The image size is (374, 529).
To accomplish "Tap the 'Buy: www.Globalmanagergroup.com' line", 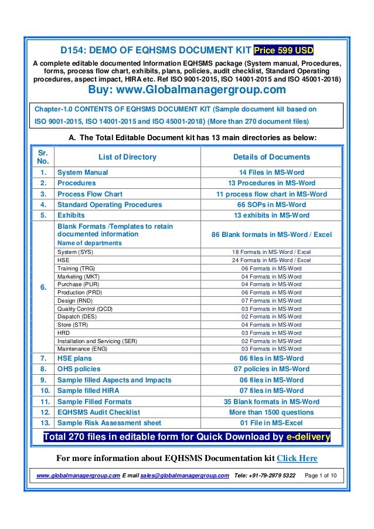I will [186, 90].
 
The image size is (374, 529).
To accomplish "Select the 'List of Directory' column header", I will [106, 157].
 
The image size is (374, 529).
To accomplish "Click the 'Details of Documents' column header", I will [271, 157].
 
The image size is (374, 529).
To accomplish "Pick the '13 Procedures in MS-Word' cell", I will [271, 183].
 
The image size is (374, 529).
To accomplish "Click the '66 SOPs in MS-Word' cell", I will [271, 205].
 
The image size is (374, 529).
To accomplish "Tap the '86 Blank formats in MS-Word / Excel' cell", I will [271, 235].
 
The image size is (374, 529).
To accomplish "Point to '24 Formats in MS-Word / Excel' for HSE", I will [271, 260].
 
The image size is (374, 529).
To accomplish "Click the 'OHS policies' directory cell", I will [79, 369].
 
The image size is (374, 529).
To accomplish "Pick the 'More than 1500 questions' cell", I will [271, 412].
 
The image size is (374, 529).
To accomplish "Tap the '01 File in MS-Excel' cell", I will [271, 423].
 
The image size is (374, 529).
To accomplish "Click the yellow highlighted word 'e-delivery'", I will [308, 437].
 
